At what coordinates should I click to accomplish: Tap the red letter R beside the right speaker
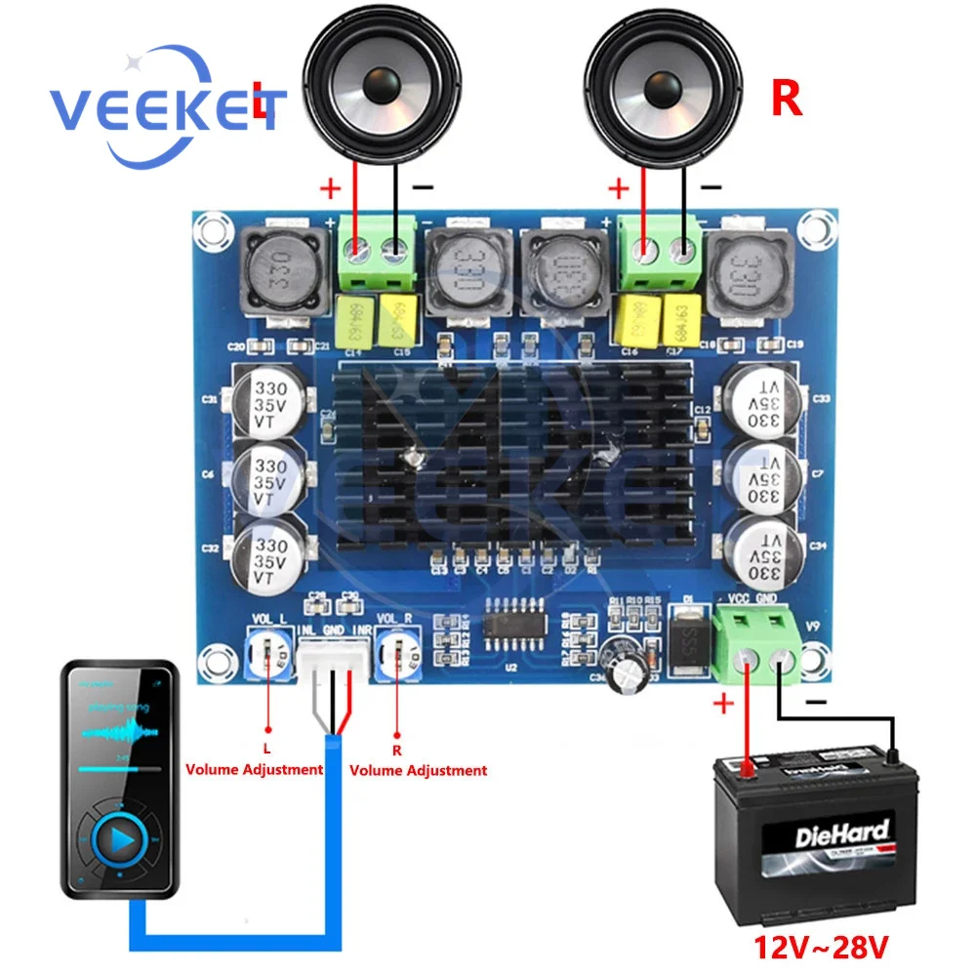pyautogui.click(x=787, y=101)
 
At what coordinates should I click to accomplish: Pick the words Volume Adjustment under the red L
pyautogui.click(x=255, y=769)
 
